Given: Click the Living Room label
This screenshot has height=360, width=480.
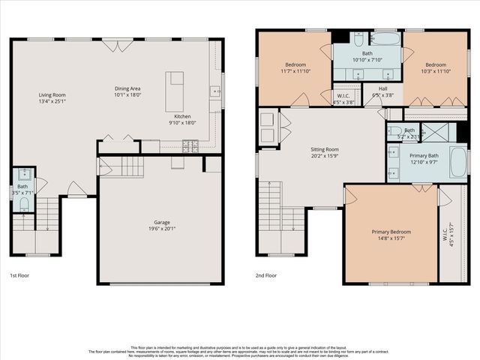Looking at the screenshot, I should click(x=52, y=94).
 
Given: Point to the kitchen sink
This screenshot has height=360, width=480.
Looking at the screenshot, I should click(x=214, y=92).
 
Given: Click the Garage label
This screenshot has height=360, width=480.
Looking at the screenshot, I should click(x=161, y=223).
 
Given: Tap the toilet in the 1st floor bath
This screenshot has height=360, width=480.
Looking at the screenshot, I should click(x=23, y=202).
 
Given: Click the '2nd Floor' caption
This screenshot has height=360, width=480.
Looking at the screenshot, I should click(x=266, y=275).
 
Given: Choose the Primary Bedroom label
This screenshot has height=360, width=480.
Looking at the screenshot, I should click(x=391, y=232).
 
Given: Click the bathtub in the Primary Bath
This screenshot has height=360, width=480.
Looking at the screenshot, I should click(x=457, y=162).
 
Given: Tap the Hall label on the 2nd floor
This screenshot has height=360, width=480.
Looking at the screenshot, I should click(x=382, y=88).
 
